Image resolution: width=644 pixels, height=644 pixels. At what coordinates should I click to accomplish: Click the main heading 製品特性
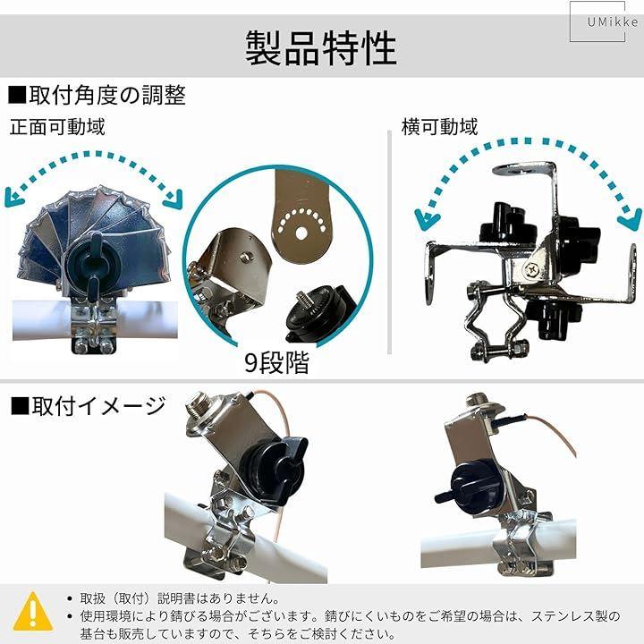(x=321, y=48)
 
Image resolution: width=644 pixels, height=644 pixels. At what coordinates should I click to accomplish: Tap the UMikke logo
(x=612, y=21)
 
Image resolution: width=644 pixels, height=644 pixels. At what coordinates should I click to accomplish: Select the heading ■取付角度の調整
(x=97, y=96)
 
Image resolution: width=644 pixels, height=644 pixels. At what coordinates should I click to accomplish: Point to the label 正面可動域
(x=57, y=126)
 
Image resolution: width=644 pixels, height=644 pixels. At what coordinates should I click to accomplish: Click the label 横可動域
(x=440, y=126)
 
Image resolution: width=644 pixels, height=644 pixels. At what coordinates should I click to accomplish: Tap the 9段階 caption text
(x=276, y=362)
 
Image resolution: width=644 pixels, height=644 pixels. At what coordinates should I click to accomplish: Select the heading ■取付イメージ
(x=88, y=406)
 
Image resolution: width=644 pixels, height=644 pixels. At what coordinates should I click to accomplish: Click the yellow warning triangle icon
(x=33, y=611)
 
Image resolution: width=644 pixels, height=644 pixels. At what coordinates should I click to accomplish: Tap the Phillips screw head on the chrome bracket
(x=532, y=269)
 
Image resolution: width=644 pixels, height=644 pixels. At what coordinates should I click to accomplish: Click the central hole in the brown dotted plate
(x=301, y=233)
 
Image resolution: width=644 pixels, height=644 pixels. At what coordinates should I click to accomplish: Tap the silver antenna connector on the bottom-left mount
(x=198, y=408)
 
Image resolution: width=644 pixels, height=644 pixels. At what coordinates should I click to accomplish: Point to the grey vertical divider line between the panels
(x=389, y=242)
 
